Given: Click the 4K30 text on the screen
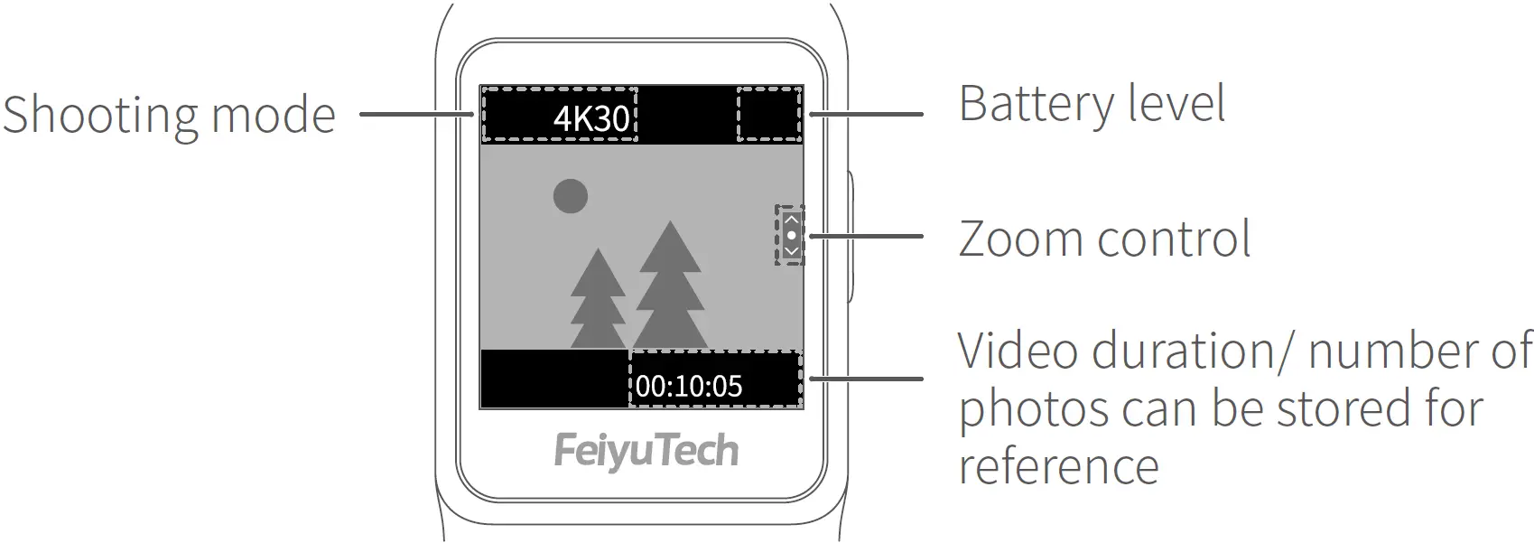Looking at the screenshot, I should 591,118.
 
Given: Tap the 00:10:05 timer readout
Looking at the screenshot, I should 689,387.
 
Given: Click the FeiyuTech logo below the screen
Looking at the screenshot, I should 646,450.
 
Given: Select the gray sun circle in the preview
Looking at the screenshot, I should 571,196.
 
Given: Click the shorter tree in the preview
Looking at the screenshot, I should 597,303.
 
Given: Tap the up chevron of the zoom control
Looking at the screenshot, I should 792,220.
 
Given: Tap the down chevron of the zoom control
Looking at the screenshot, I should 792,250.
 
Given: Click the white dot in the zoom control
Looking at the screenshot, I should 792,235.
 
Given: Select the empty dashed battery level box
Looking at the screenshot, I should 769,114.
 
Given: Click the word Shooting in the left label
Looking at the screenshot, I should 99,116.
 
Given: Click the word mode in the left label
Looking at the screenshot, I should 273,116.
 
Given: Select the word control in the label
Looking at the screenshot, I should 1174,239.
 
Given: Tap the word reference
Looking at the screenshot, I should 1058,466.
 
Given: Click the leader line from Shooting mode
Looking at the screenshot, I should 415,114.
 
